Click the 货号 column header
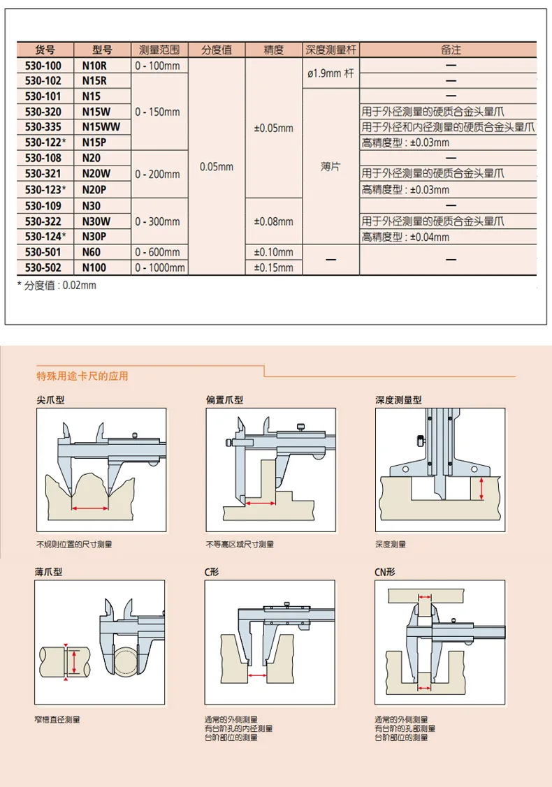coord(44,50)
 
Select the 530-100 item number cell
coord(43,66)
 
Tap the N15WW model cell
coord(101,127)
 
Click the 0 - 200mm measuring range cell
coord(160,174)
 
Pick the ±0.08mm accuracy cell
coord(274,221)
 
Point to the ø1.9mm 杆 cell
coord(331,73)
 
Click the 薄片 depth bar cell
coord(331,168)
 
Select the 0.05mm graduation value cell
coord(217,167)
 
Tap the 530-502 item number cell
coord(43,267)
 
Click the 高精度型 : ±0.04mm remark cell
coord(405,237)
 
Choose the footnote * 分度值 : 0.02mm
coord(57,285)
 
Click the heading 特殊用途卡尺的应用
coord(82,376)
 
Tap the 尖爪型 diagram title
coord(51,401)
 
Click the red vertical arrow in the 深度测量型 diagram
coord(481,490)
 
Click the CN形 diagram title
coord(385,572)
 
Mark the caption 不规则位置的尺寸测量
coord(74,544)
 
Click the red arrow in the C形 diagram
coord(256,675)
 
